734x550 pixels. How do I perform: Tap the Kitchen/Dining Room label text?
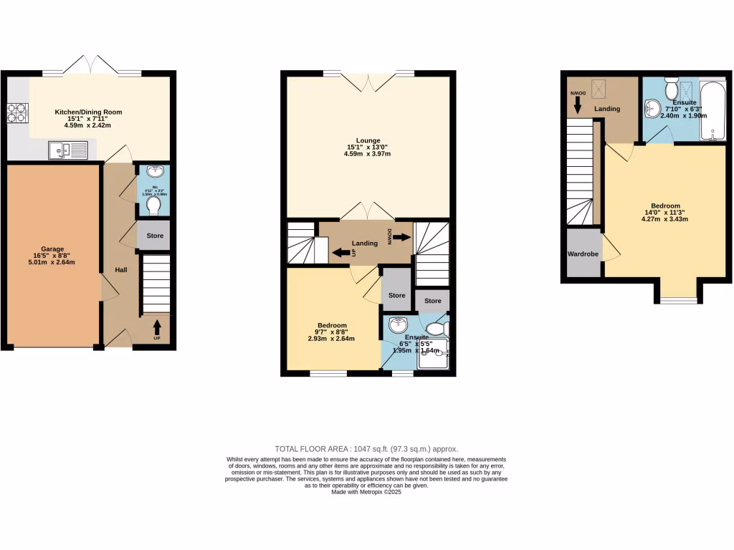[89, 112]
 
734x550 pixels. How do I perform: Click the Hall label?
[121, 270]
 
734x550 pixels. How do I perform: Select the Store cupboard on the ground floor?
[154, 236]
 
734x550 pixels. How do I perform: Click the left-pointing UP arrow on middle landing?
[340, 252]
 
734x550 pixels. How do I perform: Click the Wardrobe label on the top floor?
[583, 254]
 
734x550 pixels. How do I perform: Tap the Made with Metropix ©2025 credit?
[366, 492]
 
